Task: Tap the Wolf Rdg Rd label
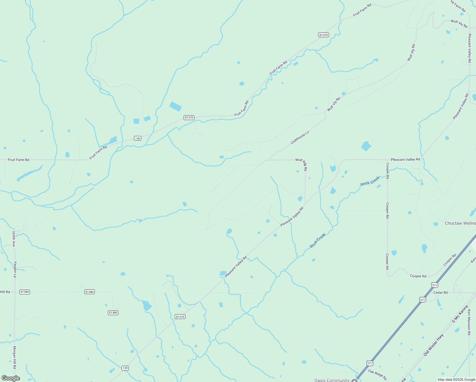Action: point(301,164)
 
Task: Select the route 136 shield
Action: point(137,138)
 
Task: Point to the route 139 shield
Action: point(125,368)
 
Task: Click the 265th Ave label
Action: point(14,239)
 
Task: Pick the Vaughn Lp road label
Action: point(15,269)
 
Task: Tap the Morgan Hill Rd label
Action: point(14,357)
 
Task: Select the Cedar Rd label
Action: point(440,293)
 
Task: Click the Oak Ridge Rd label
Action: point(377,375)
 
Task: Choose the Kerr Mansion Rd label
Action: point(469,322)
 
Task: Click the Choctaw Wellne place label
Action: point(460,223)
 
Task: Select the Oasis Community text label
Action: point(332,380)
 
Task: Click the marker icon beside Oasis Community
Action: point(354,380)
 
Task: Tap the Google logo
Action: point(11,378)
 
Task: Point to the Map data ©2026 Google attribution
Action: point(456,379)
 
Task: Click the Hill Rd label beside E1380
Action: point(5,292)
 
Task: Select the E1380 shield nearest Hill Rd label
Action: point(24,292)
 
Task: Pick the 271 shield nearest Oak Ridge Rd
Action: point(369,363)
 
